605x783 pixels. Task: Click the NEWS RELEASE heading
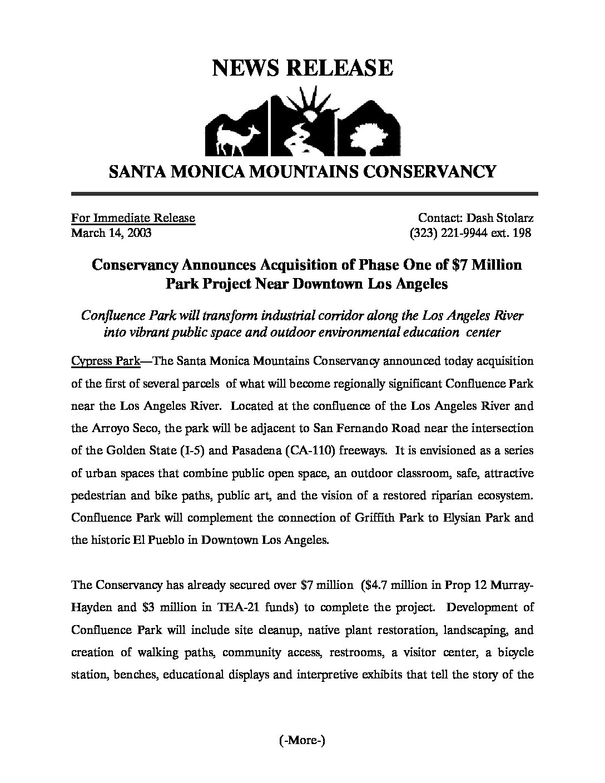pyautogui.click(x=302, y=68)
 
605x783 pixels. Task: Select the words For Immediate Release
pyautogui.click(x=133, y=218)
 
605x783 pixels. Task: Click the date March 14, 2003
pyautogui.click(x=111, y=233)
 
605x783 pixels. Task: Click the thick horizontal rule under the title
pyautogui.click(x=304, y=194)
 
